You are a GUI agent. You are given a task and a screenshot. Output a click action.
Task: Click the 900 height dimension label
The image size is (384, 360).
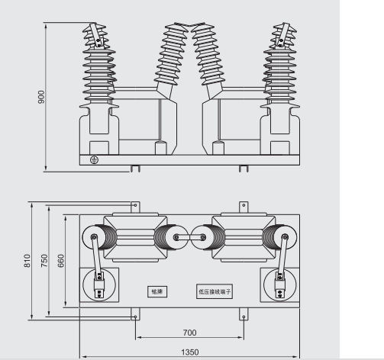(41, 97)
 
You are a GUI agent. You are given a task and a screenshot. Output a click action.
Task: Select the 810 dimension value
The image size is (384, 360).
(27, 261)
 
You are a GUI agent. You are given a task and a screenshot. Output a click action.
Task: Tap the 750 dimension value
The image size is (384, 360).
(44, 261)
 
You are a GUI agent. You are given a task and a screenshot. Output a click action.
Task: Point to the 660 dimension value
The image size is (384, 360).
(61, 261)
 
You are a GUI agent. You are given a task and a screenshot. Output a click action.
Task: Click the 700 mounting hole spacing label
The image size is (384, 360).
(189, 333)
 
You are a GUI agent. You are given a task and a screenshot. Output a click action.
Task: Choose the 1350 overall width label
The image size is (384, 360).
(190, 352)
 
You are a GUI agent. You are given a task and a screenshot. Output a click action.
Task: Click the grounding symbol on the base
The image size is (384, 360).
(94, 160)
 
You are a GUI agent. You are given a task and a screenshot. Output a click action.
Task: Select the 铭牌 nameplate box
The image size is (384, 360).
(157, 291)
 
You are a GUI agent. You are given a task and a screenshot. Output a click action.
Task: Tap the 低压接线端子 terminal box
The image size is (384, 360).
(215, 291)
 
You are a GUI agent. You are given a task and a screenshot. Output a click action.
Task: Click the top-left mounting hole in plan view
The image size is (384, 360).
(135, 205)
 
